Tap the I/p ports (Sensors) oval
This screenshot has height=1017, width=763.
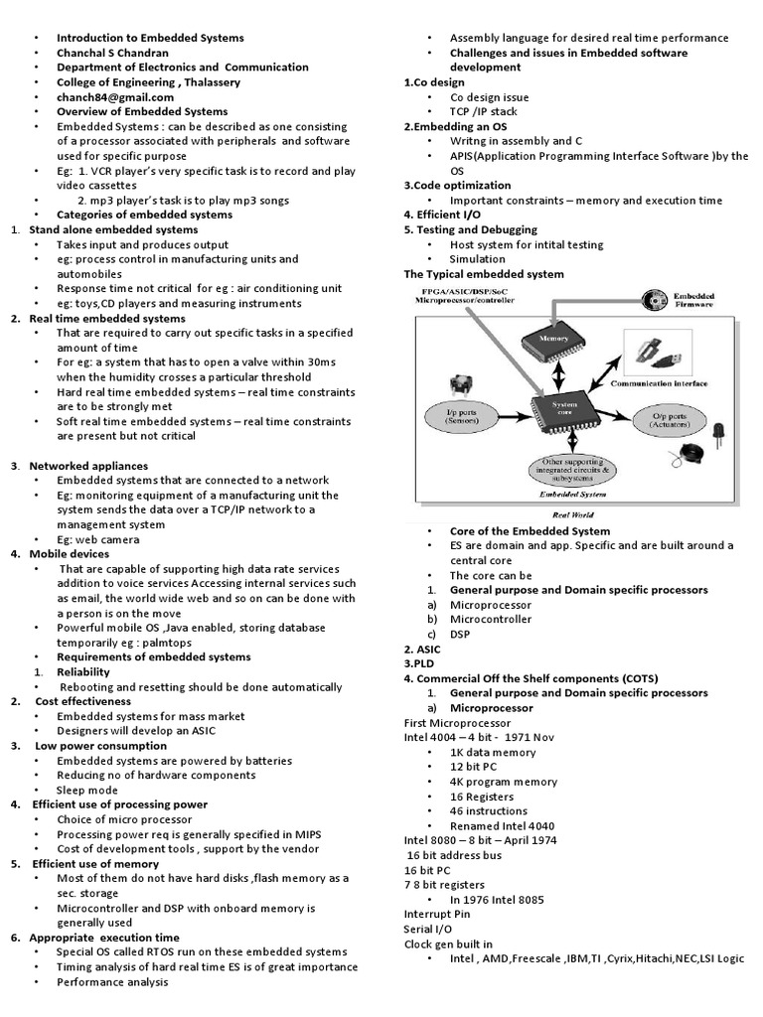(x=459, y=415)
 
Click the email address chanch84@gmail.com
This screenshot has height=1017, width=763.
(x=114, y=97)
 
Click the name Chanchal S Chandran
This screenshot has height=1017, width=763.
(x=112, y=53)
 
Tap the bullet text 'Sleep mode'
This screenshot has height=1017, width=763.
(x=87, y=790)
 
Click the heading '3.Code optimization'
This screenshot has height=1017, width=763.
(x=457, y=185)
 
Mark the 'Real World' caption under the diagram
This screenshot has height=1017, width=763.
(x=573, y=514)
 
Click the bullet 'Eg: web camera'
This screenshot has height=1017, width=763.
(x=97, y=539)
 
